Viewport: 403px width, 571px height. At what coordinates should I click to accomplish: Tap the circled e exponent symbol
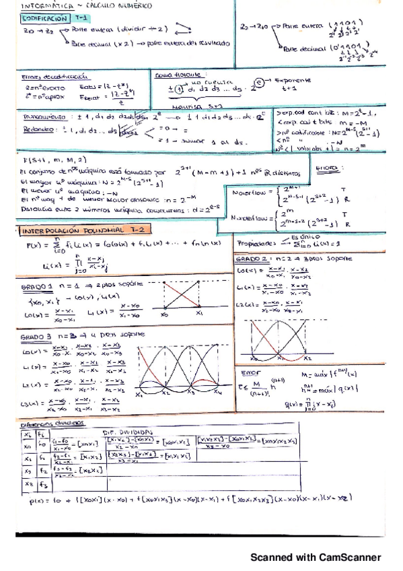[258, 83]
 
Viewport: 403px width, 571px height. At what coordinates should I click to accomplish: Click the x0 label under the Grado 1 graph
[165, 313]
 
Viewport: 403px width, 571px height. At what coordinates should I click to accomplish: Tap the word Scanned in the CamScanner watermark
[273, 558]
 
